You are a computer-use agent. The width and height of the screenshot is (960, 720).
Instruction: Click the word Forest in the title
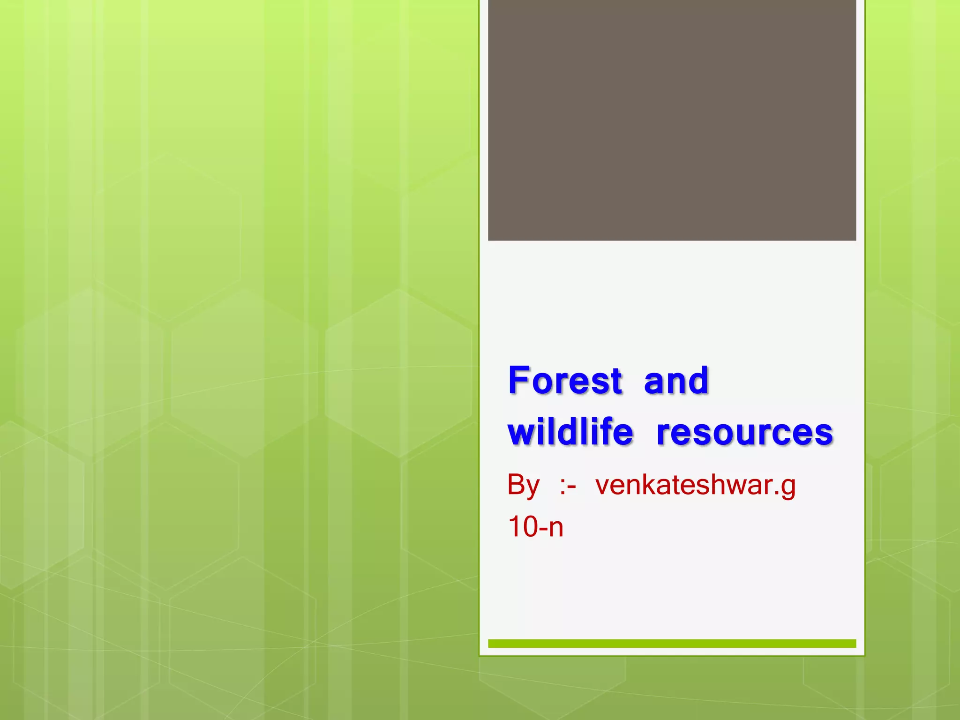pyautogui.click(x=565, y=381)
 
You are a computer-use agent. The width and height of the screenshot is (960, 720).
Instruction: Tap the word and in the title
pyautogui.click(x=676, y=381)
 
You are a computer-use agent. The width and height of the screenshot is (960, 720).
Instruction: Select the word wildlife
pyautogui.click(x=570, y=432)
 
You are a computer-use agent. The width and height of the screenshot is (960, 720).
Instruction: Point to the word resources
pyautogui.click(x=744, y=433)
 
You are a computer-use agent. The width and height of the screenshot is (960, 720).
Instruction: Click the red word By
pyautogui.click(x=524, y=485)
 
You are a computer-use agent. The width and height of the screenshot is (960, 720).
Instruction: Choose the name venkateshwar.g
pyautogui.click(x=695, y=485)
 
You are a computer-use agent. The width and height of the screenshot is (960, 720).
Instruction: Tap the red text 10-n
pyautogui.click(x=535, y=527)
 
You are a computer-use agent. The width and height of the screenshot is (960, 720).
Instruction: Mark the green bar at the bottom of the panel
pyautogui.click(x=672, y=644)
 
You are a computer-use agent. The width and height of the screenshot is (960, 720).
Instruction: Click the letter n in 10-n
pyautogui.click(x=556, y=529)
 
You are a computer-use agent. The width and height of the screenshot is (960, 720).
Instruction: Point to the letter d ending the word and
pyautogui.click(x=698, y=380)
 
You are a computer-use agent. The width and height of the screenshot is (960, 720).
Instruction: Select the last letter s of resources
pyautogui.click(x=825, y=434)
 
